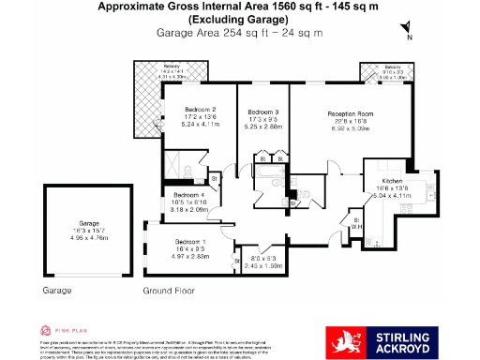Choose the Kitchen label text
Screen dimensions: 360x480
click(392, 180)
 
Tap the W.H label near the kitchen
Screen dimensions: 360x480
click(356, 226)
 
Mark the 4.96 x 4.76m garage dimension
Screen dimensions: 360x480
click(89, 238)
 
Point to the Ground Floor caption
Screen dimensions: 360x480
click(169, 292)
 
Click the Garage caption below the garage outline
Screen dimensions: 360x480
click(57, 292)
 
